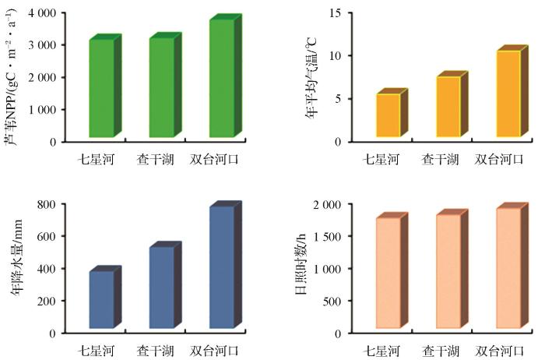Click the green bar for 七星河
click(101, 87)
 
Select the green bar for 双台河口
click(221, 77)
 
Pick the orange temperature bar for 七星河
click(388, 115)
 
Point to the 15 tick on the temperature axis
click(337, 13)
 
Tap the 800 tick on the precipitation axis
click(45, 204)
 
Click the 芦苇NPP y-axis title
click(12, 78)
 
